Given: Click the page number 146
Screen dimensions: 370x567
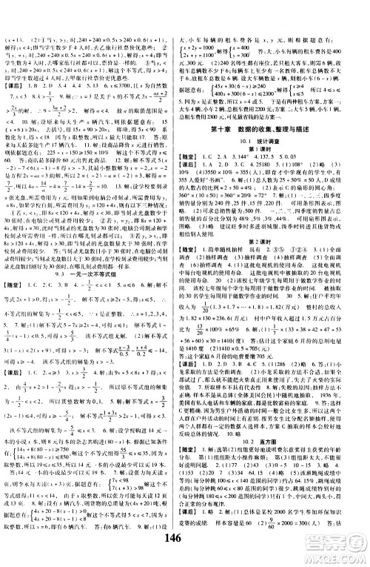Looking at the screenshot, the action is pyautogui.click(x=184, y=552).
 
